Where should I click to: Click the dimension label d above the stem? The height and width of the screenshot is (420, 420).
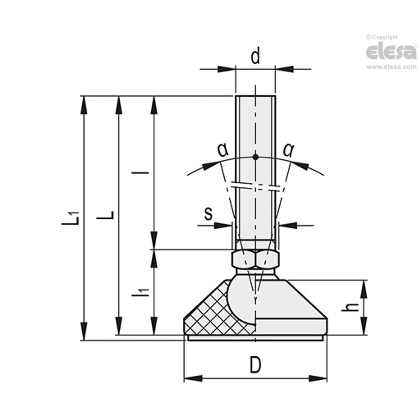pyautogui.click(x=255, y=57)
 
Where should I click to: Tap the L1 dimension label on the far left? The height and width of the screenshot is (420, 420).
pyautogui.click(x=72, y=218)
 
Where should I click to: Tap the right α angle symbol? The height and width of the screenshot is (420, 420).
pyautogui.click(x=288, y=149)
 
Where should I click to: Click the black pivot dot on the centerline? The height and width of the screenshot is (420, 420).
pyautogui.click(x=255, y=157)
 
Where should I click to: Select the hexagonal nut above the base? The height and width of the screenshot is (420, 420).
pyautogui.click(x=255, y=259)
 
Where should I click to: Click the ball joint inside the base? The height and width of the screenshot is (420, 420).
pyautogui.click(x=242, y=298)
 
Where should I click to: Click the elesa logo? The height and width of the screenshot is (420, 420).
pyautogui.click(x=391, y=52)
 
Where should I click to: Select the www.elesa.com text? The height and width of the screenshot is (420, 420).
pyautogui.click(x=391, y=67)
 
